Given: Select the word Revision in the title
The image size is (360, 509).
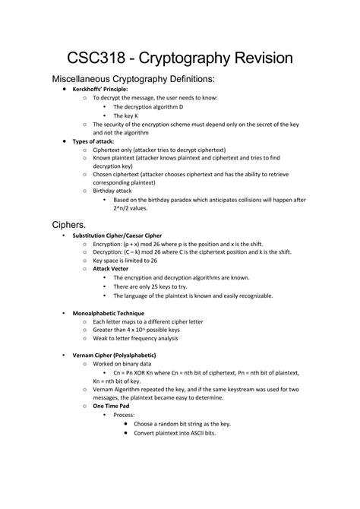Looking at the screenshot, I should click(262, 58).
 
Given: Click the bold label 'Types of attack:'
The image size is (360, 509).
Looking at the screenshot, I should click(97, 141).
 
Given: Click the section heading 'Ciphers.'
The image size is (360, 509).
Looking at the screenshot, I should click(69, 226).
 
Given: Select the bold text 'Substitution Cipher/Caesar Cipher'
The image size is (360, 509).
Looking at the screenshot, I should click(116, 236).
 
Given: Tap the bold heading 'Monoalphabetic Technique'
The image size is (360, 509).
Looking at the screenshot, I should click(108, 313).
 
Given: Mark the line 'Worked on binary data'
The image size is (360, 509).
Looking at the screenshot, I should click(119, 365).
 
